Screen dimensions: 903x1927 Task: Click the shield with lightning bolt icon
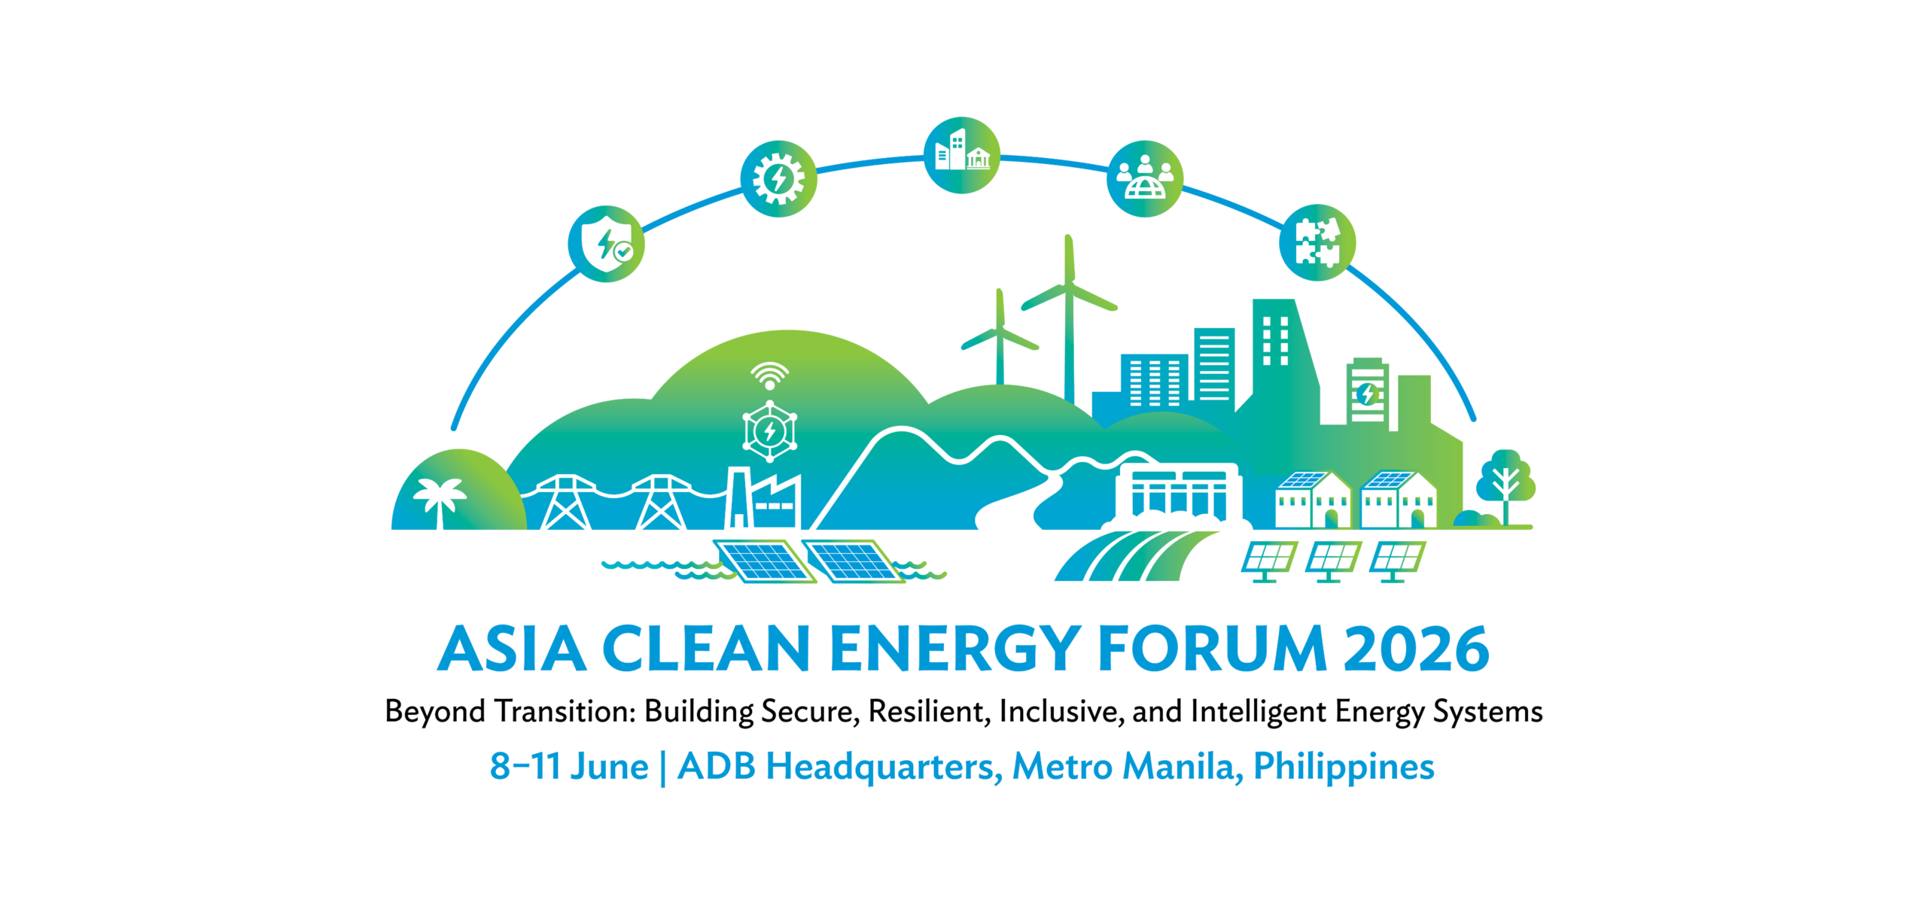606,244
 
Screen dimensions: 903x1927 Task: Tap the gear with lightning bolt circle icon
778,179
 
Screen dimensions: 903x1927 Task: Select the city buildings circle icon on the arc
961,155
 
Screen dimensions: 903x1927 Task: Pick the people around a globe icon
1144,178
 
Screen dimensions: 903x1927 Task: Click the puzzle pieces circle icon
1317,242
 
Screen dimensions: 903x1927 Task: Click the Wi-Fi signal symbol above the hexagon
769,375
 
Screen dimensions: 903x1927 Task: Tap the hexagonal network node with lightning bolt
769,431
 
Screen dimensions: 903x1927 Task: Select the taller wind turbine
1069,316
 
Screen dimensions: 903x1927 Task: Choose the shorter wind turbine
1000,339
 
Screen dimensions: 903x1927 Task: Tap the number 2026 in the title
1416,649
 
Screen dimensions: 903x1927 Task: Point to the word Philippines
1344,767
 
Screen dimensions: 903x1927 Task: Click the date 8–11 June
569,767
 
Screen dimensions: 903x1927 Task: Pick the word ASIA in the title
512,649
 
